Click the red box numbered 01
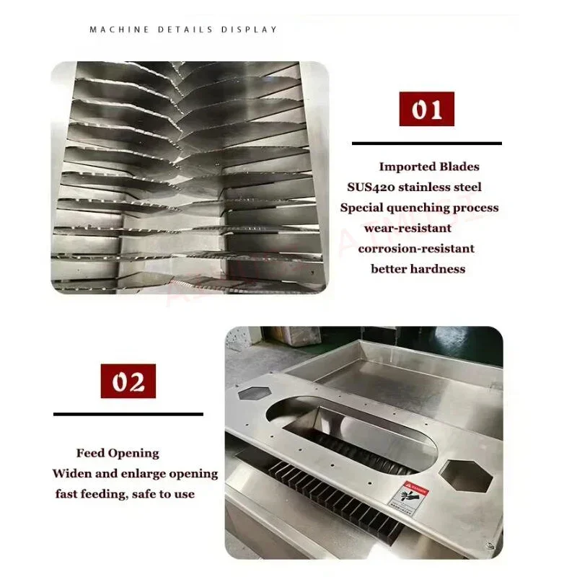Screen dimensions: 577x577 click(427, 110)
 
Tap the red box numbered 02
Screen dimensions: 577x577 click(128, 382)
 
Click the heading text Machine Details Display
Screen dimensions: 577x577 click(183, 30)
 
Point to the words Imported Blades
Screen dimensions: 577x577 click(429, 167)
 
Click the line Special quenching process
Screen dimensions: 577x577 click(419, 208)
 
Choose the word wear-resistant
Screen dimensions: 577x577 click(408, 228)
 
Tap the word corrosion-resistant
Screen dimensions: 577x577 click(416, 248)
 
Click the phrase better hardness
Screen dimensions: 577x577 click(418, 269)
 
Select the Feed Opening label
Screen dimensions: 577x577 click(118, 453)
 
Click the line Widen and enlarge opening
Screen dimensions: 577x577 click(135, 474)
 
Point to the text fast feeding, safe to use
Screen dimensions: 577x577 click(125, 494)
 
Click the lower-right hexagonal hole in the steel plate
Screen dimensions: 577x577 click(467, 477)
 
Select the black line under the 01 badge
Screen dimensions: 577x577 click(427, 144)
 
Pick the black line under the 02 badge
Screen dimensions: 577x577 click(128, 414)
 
